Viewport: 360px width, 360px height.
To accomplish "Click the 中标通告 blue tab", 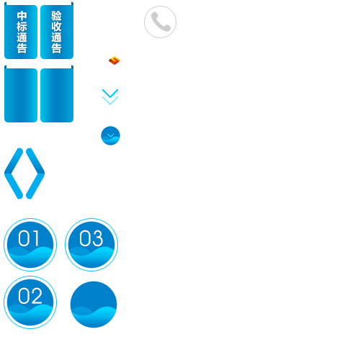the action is [x=21, y=30].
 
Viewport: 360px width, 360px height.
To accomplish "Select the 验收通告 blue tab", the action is [x=57, y=30].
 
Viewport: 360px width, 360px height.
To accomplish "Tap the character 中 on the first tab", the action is [x=22, y=16].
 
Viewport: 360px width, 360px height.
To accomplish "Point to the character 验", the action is [x=57, y=16].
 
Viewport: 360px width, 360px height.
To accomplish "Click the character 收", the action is [x=57, y=27].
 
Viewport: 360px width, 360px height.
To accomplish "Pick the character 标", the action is [x=22, y=27].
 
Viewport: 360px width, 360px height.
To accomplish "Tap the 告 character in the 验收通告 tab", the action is [x=57, y=48].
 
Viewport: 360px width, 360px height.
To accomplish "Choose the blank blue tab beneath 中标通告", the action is [x=21, y=94].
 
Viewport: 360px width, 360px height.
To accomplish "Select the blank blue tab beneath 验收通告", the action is [x=57, y=94].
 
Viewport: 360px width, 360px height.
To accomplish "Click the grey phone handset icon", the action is [x=161, y=22].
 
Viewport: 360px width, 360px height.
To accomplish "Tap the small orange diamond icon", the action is [x=114, y=60].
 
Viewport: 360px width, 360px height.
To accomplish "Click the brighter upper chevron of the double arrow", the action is [x=110, y=94].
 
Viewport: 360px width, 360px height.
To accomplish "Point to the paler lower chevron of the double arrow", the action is [x=110, y=101].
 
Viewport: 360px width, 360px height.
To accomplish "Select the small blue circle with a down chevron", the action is [x=110, y=135].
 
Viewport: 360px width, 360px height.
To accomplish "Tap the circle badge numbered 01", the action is [x=30, y=245].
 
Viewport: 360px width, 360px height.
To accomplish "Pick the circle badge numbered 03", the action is [x=91, y=245].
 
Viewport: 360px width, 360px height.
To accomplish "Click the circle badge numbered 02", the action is [x=30, y=302].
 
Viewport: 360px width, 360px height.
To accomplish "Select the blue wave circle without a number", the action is [x=94, y=305].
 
